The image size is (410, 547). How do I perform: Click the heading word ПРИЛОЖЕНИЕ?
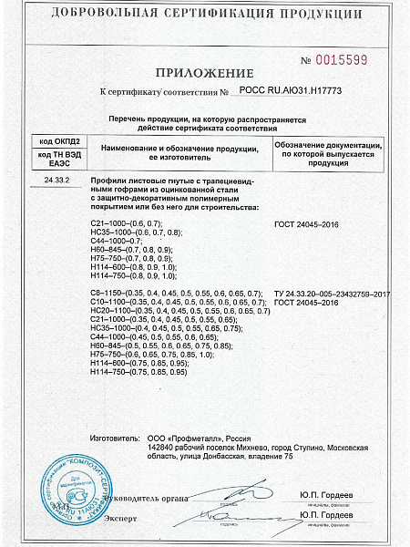point(204,72)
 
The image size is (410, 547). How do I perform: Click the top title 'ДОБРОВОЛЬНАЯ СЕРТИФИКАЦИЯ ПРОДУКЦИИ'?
point(204,13)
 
